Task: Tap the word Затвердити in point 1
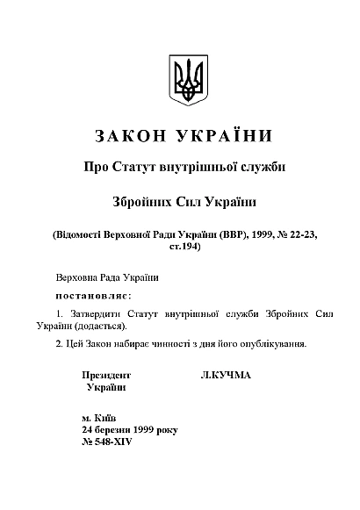pyautogui.click(x=101, y=312)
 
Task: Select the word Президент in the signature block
pyautogui.click(x=106, y=375)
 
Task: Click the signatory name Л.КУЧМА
pyautogui.click(x=226, y=375)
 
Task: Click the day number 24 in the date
pyautogui.click(x=87, y=431)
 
